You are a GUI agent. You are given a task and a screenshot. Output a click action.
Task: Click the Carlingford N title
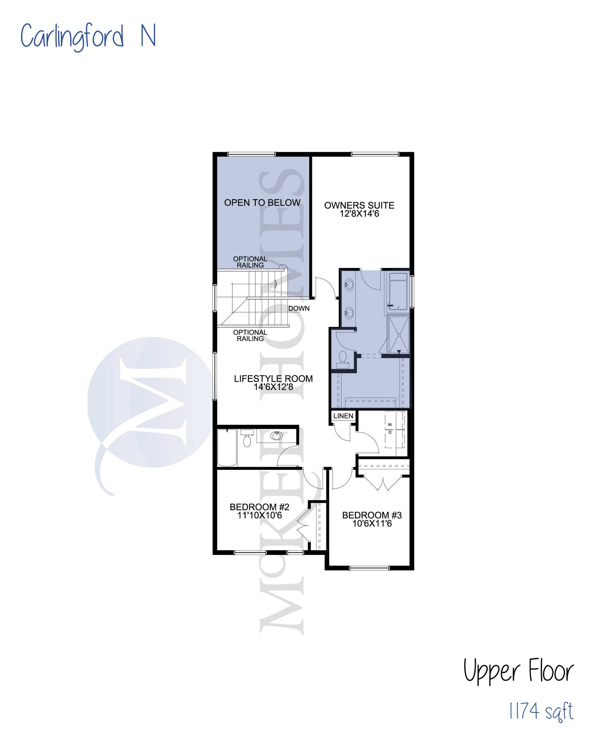88,37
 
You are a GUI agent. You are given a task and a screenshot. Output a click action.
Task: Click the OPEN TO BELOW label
262,202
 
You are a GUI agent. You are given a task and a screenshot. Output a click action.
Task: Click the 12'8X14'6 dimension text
359,214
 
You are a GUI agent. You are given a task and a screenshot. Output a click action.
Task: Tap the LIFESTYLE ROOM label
273,378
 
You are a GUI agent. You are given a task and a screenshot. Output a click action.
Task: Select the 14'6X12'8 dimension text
273,387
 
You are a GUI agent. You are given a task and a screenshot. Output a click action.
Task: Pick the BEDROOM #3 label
372,515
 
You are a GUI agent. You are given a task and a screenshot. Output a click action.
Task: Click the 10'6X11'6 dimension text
372,523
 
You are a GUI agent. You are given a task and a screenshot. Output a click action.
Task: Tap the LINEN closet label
343,416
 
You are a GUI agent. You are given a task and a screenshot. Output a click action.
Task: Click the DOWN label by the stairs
299,308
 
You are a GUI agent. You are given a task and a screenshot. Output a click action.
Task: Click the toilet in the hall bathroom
247,438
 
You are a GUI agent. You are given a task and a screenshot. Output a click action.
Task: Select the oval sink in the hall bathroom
276,435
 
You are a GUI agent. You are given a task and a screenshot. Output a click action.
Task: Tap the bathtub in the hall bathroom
227,448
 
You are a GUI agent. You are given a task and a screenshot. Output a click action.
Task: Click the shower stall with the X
399,335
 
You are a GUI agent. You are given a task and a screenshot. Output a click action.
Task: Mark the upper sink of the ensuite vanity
349,285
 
